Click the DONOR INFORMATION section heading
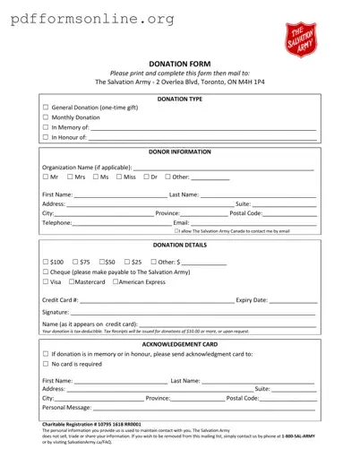[179, 152]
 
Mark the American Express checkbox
[116, 282]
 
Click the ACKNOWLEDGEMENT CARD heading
[179, 343]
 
